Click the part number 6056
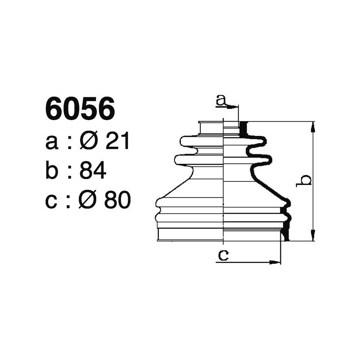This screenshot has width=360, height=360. click(80, 109)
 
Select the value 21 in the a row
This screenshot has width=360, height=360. click(117, 142)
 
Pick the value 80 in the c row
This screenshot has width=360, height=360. click(117, 201)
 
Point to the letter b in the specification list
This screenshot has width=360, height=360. click(52, 171)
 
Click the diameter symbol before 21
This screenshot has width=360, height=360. click(88, 142)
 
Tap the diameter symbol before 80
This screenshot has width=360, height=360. click(88, 201)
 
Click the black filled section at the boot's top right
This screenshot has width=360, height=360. click(243, 130)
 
